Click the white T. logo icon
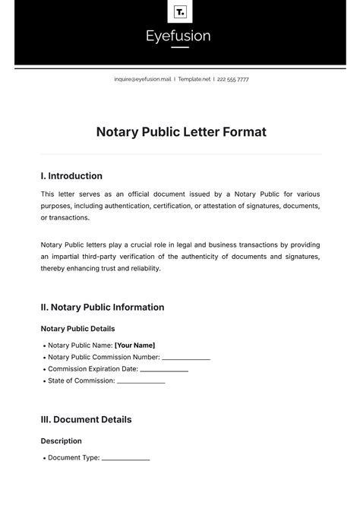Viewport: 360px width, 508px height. [x=180, y=11]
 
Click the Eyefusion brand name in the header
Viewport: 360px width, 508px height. [x=180, y=36]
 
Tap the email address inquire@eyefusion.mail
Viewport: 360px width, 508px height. [x=143, y=79]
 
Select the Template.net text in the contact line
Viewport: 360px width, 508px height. [x=194, y=79]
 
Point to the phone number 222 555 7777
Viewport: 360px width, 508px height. [x=233, y=79]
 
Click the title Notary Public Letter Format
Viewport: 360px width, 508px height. [x=181, y=132]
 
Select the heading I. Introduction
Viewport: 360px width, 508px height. [x=71, y=175]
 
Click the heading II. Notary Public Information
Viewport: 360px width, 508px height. [x=102, y=308]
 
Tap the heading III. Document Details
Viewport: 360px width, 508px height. [x=86, y=419]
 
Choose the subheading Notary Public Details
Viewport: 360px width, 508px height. [x=77, y=329]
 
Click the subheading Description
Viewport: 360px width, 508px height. [x=61, y=440]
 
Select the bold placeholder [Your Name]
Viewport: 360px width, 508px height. [x=134, y=345]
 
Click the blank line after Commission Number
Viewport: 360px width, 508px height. [x=186, y=358]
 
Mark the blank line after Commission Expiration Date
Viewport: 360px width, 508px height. [x=164, y=370]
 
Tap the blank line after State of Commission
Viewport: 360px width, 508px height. [x=141, y=382]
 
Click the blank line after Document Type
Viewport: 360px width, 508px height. [x=125, y=459]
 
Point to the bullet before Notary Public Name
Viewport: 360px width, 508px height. [x=43, y=345]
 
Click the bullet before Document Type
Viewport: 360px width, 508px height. [x=43, y=458]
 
